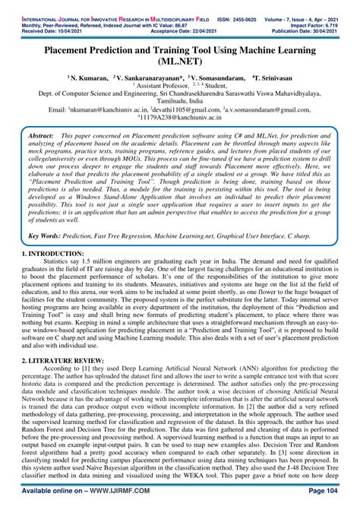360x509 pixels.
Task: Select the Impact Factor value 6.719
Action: coord(345,12)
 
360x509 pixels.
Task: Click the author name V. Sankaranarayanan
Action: coord(149,77)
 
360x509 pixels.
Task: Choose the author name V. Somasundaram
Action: coord(217,77)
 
